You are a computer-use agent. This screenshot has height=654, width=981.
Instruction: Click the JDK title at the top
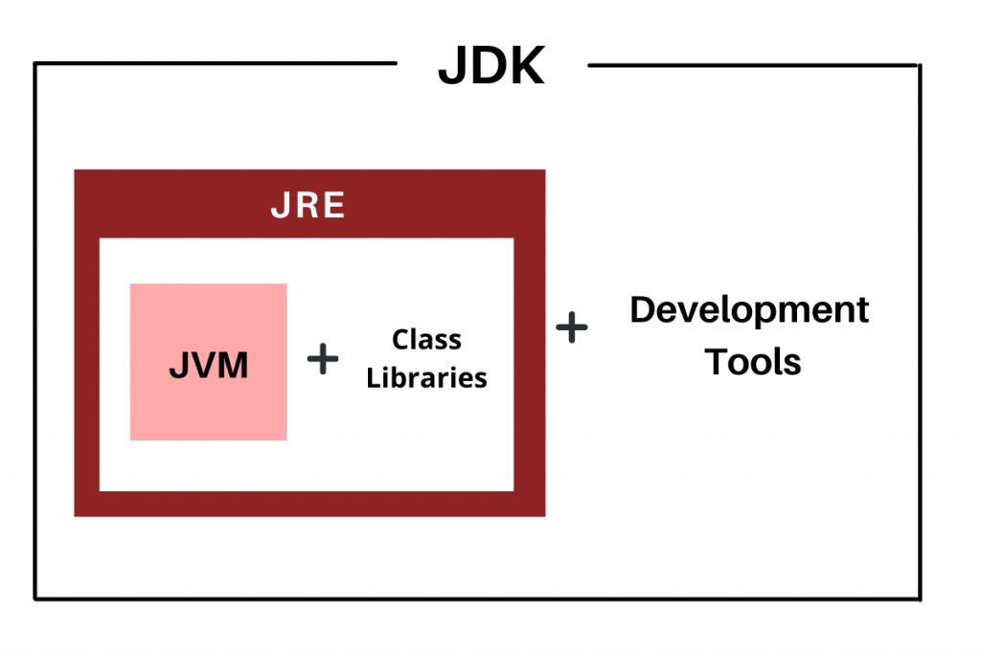coord(490,67)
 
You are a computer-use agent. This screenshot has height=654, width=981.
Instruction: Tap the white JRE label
coord(308,206)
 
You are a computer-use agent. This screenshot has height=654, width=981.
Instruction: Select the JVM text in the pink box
coord(209,365)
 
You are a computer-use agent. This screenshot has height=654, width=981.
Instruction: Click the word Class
coord(427,339)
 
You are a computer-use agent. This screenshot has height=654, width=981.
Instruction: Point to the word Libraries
coord(427,377)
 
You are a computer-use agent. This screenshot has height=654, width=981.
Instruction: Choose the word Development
coord(749,311)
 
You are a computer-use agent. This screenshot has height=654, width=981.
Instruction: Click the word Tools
coord(753,362)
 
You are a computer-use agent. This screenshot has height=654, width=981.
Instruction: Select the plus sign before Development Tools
coord(572,327)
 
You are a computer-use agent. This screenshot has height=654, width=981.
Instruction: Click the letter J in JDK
coord(451,68)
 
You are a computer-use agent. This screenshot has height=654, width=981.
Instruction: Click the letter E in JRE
coord(332,206)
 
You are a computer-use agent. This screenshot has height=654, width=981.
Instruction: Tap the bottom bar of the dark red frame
coord(308,504)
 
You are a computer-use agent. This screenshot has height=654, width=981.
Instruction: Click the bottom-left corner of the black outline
coord(35,599)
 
